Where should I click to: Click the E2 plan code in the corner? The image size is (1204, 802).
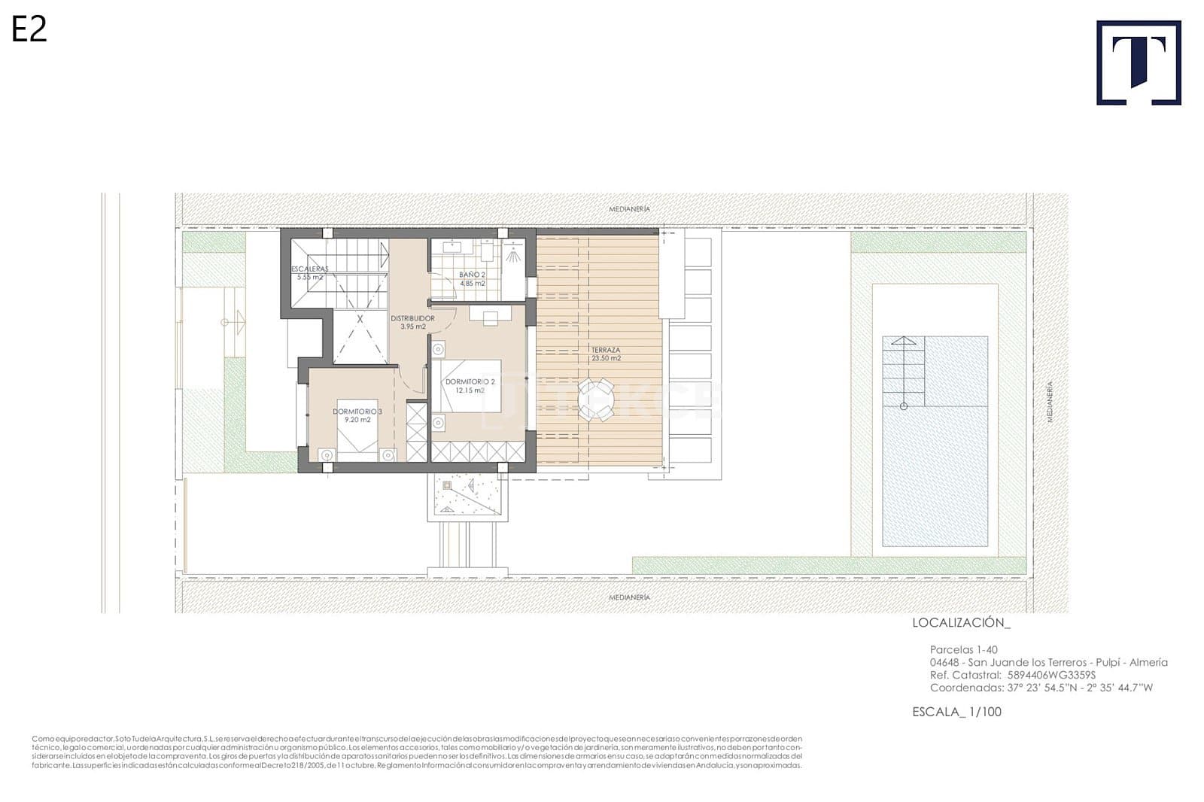click(29, 29)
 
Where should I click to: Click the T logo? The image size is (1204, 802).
click(1139, 62)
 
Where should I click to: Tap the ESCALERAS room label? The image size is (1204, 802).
click(309, 272)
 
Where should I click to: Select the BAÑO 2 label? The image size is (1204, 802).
click(472, 279)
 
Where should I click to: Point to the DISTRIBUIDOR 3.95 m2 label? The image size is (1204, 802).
click(412, 323)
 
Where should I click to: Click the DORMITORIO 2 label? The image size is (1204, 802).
click(470, 386)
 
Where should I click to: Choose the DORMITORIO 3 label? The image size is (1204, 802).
click(357, 415)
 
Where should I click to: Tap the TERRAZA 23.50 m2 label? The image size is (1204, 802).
click(606, 354)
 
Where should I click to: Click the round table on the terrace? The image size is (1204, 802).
click(596, 399)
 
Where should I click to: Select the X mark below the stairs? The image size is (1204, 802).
click(360, 319)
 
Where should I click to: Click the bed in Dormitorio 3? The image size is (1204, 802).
click(357, 429)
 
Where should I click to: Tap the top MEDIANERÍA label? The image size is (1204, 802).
click(629, 208)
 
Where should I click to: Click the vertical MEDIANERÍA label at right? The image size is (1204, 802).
click(1050, 402)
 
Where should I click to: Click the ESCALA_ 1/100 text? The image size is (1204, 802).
click(956, 712)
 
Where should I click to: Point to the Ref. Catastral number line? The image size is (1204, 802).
click(1012, 675)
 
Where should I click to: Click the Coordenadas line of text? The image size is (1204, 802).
click(1041, 688)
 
